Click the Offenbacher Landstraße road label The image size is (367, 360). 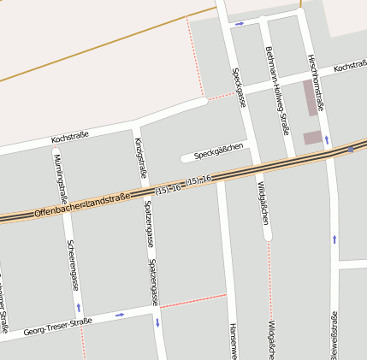click(83, 204)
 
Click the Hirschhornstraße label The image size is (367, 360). click(314, 81)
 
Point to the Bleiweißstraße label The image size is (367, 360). click(334, 335)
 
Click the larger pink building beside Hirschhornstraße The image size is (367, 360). click(310, 97)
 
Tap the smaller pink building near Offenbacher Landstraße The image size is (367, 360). click(313, 137)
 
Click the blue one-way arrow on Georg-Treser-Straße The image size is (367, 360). click(119, 315)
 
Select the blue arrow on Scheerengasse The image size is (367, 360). click(79, 306)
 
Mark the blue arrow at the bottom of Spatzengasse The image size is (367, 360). click(157, 322)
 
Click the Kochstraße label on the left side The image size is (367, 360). click(70, 137)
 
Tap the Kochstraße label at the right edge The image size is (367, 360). click(350, 66)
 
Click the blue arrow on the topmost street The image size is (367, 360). click(240, 23)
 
